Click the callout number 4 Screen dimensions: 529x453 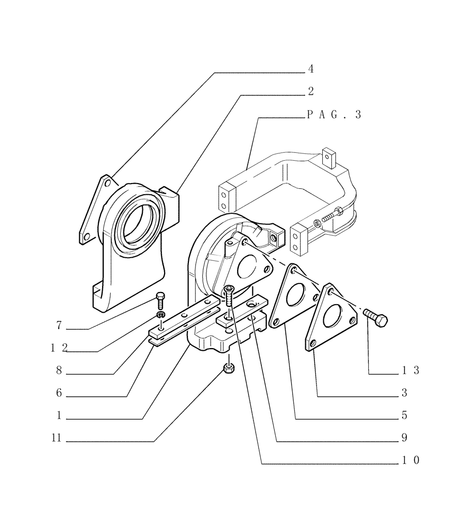pos(311,69)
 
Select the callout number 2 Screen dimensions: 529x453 pos(311,92)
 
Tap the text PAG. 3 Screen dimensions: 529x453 pos(333,114)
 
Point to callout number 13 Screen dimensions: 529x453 pos(409,371)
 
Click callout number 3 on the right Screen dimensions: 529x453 pos(404,393)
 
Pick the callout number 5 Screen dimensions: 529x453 pos(404,416)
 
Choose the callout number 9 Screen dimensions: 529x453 pos(404,438)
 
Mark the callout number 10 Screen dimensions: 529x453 pos(409,461)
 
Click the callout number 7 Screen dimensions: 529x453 pos(59,325)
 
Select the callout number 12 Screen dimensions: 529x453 pos(59,348)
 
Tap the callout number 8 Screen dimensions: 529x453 pos(59,371)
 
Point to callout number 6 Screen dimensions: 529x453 pos(59,393)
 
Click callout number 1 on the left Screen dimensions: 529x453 pos(59,416)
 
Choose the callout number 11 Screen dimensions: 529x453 pos(57,438)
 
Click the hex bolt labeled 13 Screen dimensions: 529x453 pos(376,318)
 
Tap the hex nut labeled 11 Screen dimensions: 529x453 pos(229,369)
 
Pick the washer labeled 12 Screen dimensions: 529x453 pos(160,316)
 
